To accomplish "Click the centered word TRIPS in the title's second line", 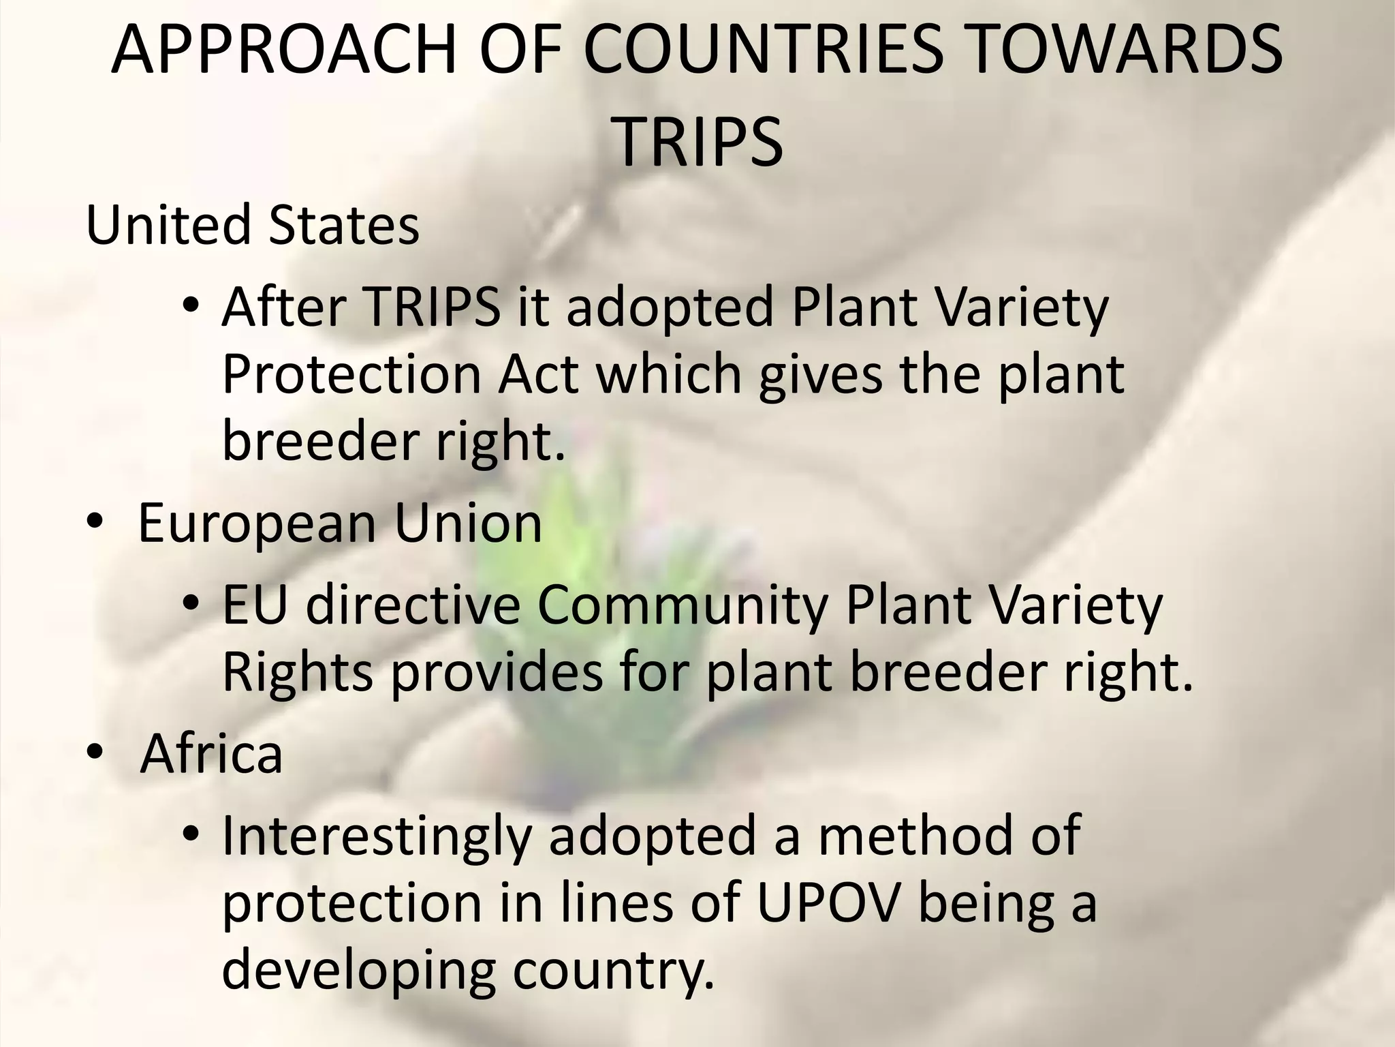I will (698, 142).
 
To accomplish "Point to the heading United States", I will (253, 226).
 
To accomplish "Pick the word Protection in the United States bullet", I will (352, 374).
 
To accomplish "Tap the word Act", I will (538, 374).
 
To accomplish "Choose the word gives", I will (820, 376).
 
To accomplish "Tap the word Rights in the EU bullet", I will (298, 673).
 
